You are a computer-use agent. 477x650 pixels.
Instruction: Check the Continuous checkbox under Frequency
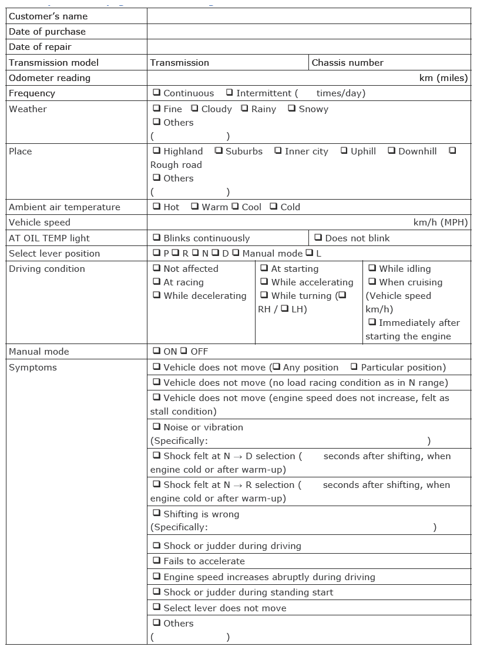[x=157, y=92]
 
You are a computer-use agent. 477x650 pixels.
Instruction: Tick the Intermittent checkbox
[x=230, y=92]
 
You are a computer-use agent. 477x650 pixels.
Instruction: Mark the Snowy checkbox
[x=292, y=108]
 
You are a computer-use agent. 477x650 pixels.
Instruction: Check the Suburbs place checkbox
[x=219, y=150]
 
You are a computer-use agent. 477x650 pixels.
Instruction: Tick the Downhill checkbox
[x=392, y=150]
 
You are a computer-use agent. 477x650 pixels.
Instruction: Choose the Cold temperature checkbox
[x=274, y=206]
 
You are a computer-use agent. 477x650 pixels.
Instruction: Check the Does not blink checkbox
[x=318, y=237]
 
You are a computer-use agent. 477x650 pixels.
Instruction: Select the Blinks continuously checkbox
[x=157, y=237]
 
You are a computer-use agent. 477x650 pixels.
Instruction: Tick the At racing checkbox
[x=157, y=281]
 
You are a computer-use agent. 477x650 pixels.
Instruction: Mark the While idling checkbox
[x=372, y=268]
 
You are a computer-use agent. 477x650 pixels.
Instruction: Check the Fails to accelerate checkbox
[x=157, y=560]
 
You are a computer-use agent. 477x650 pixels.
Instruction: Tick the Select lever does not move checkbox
[x=157, y=607]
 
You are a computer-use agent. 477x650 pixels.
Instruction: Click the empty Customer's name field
[x=308, y=16]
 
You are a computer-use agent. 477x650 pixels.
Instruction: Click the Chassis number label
[x=347, y=62]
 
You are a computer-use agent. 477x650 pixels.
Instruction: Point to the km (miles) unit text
[x=444, y=78]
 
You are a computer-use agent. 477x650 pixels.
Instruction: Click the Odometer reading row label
[x=49, y=78]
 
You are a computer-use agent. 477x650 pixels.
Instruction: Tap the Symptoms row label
[x=33, y=367]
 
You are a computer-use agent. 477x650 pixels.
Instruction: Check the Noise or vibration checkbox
[x=157, y=426]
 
